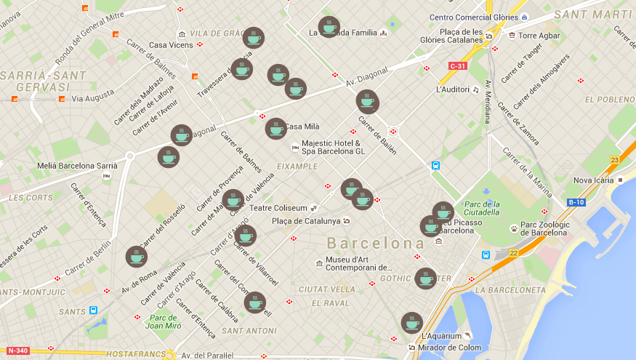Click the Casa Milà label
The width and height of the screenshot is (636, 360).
(302, 127)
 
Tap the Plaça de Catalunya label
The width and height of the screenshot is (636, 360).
(305, 221)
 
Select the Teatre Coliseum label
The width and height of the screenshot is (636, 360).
(278, 208)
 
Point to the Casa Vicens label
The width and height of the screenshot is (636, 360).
(171, 45)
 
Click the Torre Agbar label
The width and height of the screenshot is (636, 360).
(539, 35)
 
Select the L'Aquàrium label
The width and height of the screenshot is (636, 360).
(441, 336)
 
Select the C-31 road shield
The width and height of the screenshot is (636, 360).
(457, 66)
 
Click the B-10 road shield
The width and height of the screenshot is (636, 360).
(576, 202)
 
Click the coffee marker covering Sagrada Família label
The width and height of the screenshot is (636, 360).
(329, 27)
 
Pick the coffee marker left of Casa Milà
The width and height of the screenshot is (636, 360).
(276, 129)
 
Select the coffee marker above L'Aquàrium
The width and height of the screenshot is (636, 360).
(411, 323)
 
